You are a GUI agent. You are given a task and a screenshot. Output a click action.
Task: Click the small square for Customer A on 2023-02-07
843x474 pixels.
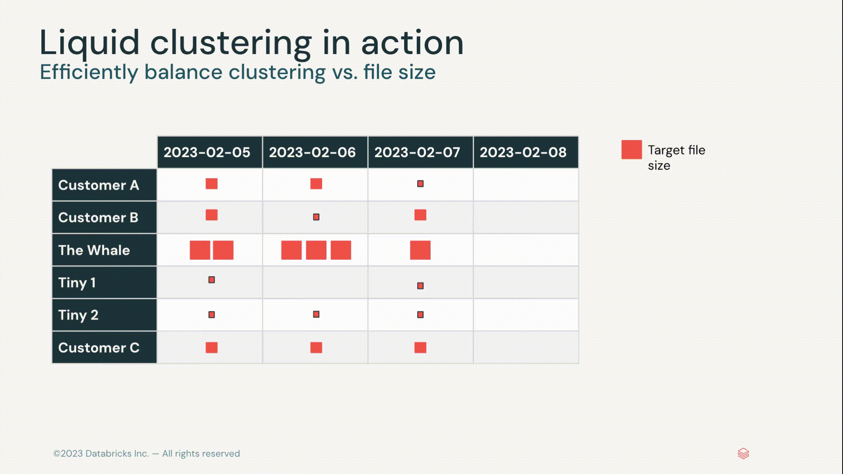click(x=420, y=184)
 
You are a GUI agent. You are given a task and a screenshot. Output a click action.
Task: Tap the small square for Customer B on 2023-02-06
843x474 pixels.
click(x=316, y=217)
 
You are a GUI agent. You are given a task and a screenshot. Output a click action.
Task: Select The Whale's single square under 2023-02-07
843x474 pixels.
click(x=420, y=250)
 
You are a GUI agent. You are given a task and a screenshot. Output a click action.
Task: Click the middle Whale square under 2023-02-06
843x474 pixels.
click(x=316, y=250)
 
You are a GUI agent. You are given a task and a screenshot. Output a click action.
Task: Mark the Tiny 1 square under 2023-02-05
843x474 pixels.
click(x=212, y=280)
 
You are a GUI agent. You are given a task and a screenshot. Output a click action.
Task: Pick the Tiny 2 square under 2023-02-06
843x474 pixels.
click(x=316, y=314)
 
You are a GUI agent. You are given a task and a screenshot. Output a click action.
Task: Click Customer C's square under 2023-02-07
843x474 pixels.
click(x=420, y=348)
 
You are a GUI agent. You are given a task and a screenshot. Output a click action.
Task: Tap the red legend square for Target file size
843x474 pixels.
click(x=631, y=150)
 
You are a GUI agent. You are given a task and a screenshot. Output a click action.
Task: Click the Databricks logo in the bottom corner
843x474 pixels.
click(x=743, y=453)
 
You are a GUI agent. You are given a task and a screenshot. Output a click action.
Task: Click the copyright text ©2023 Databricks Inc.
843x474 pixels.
click(x=101, y=453)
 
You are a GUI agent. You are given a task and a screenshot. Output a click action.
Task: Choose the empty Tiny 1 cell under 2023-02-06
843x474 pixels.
click(x=315, y=282)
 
